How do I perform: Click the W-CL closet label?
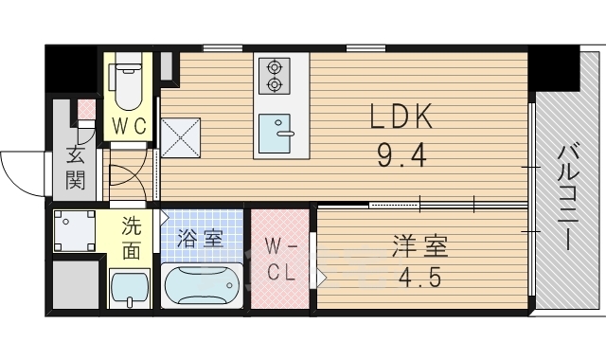280,261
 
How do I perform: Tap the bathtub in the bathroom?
202,284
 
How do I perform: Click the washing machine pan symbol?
75,230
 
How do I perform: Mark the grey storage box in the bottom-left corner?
75,284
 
